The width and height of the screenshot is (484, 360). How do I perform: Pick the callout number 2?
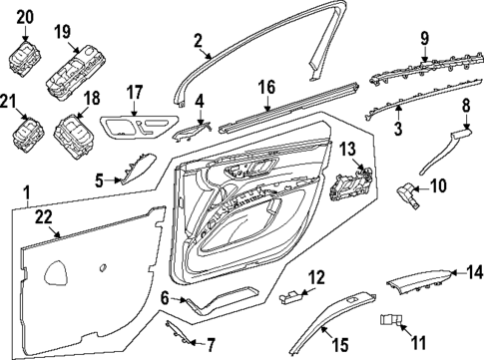coord(197,41)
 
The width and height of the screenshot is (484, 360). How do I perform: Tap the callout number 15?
coord(340,345)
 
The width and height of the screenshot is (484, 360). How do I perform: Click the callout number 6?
coord(164,296)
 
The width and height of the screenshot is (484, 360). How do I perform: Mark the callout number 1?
coord(27,189)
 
